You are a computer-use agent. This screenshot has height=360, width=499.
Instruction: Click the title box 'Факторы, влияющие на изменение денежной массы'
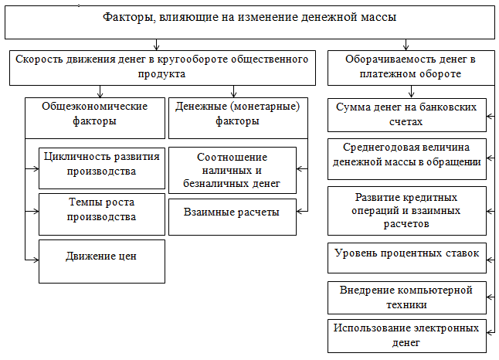point(249,22)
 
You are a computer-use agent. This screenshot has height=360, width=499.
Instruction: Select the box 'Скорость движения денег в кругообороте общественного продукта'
point(162,68)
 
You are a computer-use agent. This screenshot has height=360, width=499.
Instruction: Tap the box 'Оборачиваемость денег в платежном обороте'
point(411,68)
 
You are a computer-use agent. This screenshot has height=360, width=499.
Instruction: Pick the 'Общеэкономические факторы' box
point(95,118)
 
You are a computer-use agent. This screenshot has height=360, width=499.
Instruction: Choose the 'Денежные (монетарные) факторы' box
point(238,118)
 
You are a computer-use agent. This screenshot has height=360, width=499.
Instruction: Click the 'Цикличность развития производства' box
point(102,168)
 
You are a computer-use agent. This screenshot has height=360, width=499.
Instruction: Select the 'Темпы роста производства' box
point(102,214)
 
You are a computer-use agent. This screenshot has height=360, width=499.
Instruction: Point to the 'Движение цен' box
point(102,261)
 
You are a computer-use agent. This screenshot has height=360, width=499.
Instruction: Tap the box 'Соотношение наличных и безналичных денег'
point(233,170)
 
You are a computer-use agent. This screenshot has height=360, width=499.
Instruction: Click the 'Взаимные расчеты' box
point(233,217)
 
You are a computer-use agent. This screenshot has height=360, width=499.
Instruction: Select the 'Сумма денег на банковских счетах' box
point(407,115)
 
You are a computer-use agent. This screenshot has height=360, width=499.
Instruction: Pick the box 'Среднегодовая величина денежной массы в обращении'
point(407,159)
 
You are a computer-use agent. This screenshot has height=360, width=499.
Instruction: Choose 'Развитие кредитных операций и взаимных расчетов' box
point(407,211)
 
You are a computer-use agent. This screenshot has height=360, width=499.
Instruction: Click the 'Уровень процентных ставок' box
point(407,258)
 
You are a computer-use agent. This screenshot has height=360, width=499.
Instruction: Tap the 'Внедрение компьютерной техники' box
point(407,297)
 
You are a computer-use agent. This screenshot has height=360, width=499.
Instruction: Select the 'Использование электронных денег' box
point(407,336)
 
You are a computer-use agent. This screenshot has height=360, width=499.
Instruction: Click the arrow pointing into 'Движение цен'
point(32,260)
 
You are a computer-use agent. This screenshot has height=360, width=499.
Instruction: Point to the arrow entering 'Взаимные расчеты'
point(302,211)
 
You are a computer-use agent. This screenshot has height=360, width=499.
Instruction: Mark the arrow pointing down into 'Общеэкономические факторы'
point(100,91)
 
